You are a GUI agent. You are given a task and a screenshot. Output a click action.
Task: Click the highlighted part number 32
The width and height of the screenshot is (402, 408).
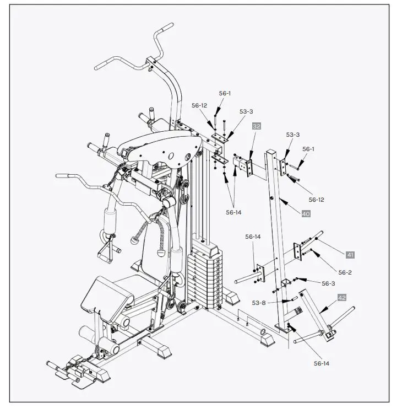[256, 126]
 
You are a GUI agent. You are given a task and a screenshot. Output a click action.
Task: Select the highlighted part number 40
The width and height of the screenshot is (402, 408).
[306, 214]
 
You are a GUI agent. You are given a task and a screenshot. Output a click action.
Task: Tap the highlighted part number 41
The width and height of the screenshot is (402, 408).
[350, 254]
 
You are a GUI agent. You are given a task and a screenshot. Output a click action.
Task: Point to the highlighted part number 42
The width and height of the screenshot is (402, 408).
[342, 298]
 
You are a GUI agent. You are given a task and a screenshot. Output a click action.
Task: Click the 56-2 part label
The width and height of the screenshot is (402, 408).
[345, 272]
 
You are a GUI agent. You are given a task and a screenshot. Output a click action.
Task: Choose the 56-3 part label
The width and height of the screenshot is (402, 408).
[328, 283]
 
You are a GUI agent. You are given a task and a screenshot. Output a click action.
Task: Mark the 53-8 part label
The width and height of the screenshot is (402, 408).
[259, 303]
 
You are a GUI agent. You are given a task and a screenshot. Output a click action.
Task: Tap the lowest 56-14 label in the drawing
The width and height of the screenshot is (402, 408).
[321, 363]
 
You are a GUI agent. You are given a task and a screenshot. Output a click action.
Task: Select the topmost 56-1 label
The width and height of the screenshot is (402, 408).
[225, 93]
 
